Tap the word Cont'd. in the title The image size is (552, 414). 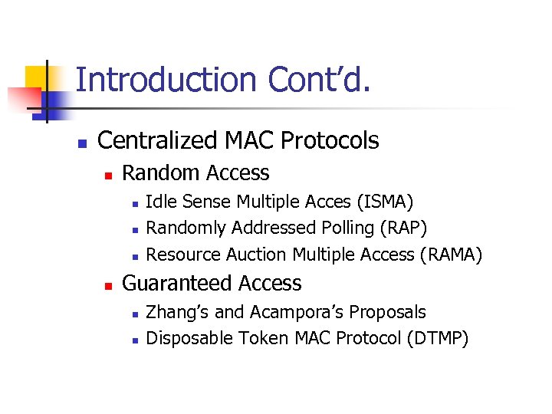[320, 80]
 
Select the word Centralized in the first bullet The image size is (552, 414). [158, 141]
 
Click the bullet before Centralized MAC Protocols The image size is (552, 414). [82, 143]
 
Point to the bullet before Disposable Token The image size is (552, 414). [133, 340]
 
